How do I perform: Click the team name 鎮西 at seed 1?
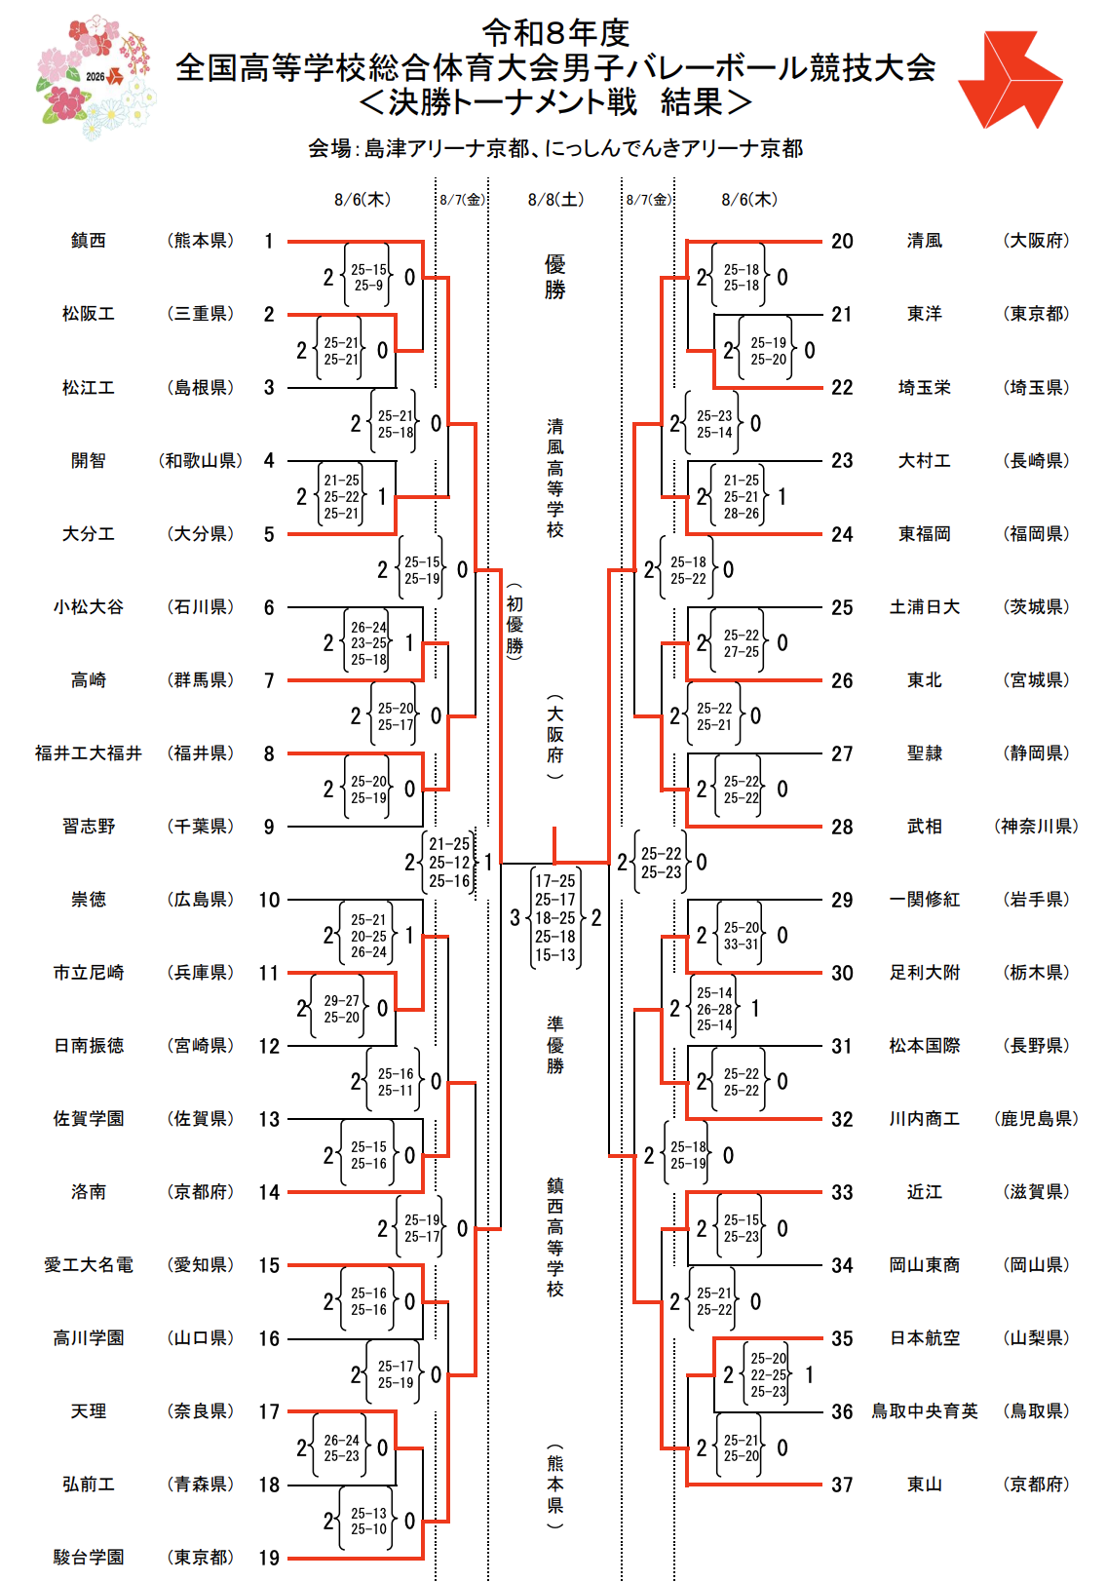click(89, 241)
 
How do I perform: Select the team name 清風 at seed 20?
click(924, 241)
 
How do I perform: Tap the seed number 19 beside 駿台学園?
click(268, 1558)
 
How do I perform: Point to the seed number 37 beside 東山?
click(842, 1485)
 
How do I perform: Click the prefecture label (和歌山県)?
click(201, 461)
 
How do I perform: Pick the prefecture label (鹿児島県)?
click(1036, 1119)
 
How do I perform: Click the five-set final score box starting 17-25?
click(555, 917)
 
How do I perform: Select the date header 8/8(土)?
click(555, 200)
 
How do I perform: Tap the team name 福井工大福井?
click(89, 753)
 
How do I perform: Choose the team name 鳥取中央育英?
click(924, 1411)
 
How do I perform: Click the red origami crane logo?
click(1010, 79)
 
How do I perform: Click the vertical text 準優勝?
click(555, 1045)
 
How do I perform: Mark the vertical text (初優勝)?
click(515, 622)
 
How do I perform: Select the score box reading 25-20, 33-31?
click(741, 935)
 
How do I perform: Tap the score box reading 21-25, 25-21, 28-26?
click(741, 496)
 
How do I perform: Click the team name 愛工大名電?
click(89, 1265)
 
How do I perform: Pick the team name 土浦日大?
click(924, 607)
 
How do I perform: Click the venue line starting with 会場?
click(555, 148)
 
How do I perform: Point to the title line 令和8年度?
click(555, 32)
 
